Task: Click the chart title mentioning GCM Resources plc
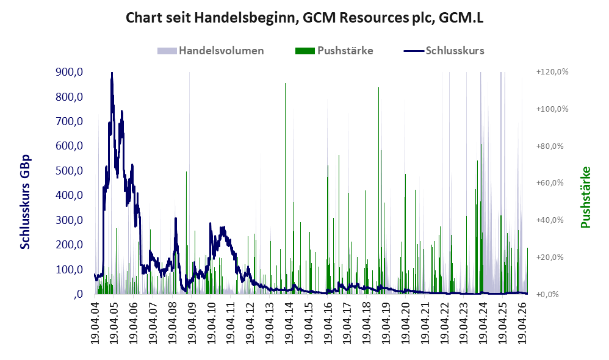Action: click(x=304, y=18)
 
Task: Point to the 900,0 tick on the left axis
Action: click(x=70, y=72)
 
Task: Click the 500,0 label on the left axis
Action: click(x=70, y=171)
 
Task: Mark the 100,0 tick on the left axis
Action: click(x=70, y=270)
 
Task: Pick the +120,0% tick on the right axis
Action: click(x=552, y=72)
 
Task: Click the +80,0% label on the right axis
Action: click(x=550, y=146)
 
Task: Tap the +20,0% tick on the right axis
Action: click(x=550, y=257)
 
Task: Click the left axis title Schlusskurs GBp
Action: click(x=25, y=202)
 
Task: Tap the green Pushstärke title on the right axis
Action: click(x=585, y=197)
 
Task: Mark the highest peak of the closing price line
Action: click(x=112, y=73)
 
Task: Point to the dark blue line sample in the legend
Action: click(x=413, y=51)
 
